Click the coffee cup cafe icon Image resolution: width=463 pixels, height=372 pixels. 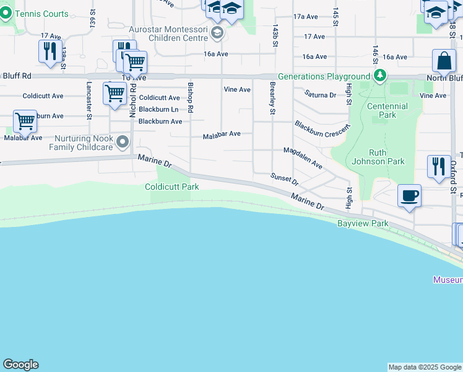[409, 197]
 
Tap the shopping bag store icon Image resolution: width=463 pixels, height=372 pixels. [444, 61]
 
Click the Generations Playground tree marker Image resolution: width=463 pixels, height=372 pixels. [380, 76]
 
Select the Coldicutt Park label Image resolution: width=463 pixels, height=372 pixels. [172, 187]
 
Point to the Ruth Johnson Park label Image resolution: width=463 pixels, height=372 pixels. [386, 157]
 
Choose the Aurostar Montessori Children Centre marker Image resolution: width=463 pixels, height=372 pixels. [217, 33]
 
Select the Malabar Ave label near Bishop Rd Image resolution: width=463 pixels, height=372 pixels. [222, 134]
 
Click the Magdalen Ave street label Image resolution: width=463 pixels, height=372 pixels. [303, 158]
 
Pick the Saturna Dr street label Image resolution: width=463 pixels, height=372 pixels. [320, 95]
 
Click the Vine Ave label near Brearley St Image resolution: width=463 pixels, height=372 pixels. [236, 90]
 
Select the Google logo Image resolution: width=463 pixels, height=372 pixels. [20, 365]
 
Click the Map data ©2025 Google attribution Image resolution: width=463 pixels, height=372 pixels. [425, 367]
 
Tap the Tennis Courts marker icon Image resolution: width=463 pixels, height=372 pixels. [7, 14]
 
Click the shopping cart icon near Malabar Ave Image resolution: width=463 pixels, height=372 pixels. [25, 122]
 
